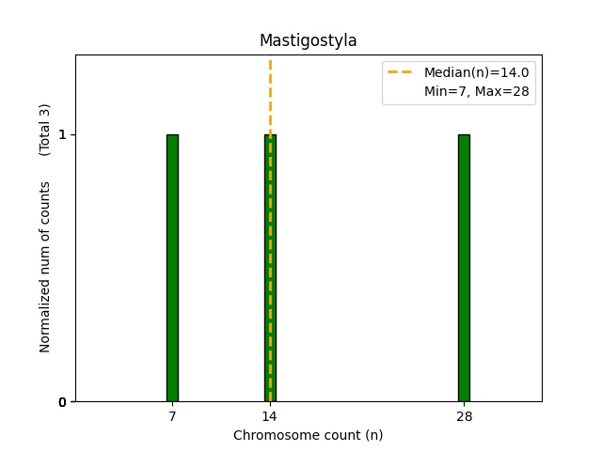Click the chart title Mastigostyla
(308, 40)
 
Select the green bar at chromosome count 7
(172, 268)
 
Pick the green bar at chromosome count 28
(464, 268)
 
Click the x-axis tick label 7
(172, 416)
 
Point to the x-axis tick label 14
(270, 416)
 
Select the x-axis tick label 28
(464, 416)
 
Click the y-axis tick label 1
(62, 134)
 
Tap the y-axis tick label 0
(62, 402)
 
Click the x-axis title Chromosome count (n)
(308, 435)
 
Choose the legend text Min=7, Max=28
(479, 90)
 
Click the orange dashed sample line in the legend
(401, 72)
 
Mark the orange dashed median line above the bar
(270, 94)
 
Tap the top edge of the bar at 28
(464, 135)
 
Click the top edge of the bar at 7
(172, 135)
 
